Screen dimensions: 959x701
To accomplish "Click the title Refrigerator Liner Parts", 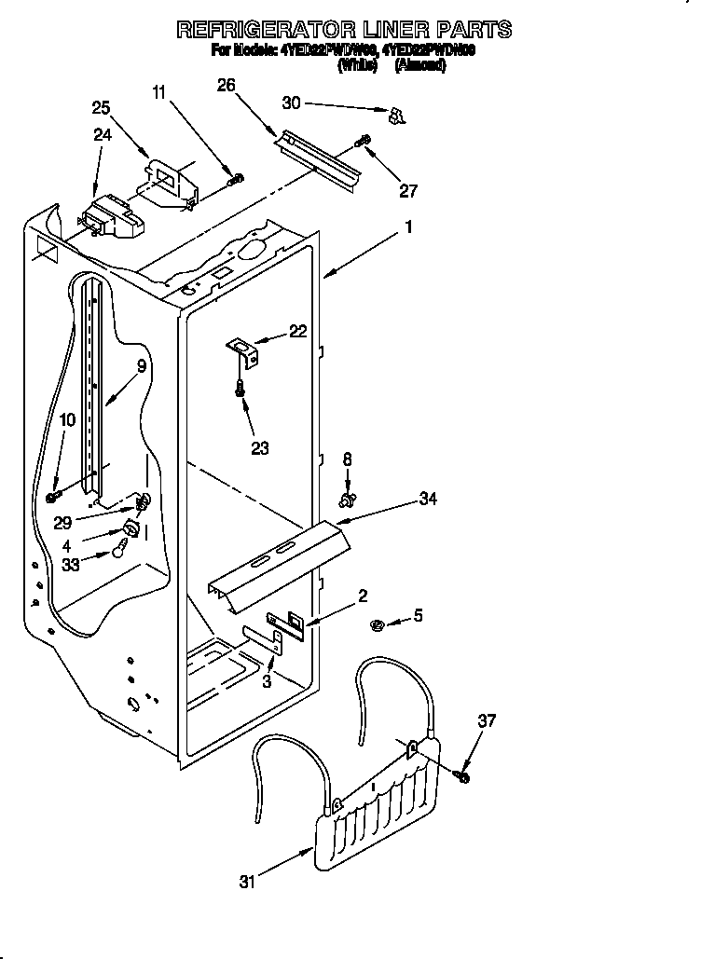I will click(344, 29).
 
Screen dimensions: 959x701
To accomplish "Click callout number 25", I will click(101, 108).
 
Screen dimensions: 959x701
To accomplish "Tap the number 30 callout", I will click(292, 103).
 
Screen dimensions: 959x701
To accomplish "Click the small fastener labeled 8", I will click(348, 501).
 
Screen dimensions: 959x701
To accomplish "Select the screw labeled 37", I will click(463, 774).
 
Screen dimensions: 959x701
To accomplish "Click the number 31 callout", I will click(246, 882).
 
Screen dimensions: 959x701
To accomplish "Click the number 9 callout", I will click(141, 366).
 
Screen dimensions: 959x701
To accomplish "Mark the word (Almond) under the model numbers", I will click(419, 65).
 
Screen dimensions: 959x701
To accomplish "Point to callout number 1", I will click(407, 226).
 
